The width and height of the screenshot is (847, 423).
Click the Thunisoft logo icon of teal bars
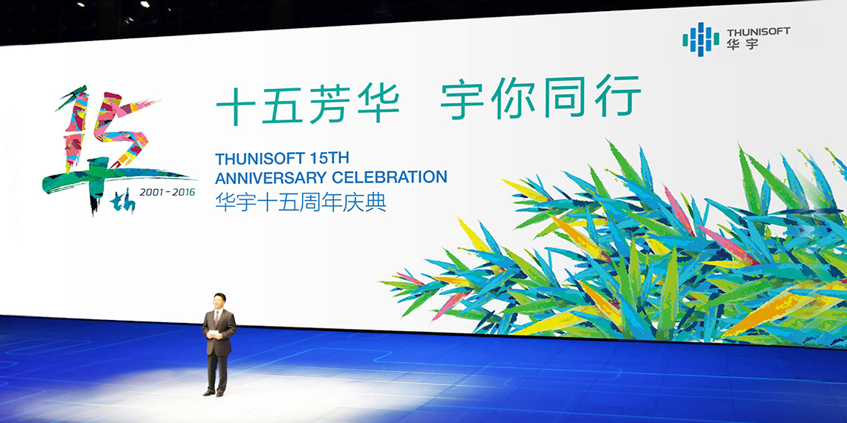tap(700, 39)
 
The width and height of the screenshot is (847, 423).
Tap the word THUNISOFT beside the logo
tap(759, 32)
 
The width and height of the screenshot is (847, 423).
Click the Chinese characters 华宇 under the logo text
tap(742, 44)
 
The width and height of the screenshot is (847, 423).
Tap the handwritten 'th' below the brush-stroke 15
tap(122, 203)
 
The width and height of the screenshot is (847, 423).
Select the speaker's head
tap(219, 302)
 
